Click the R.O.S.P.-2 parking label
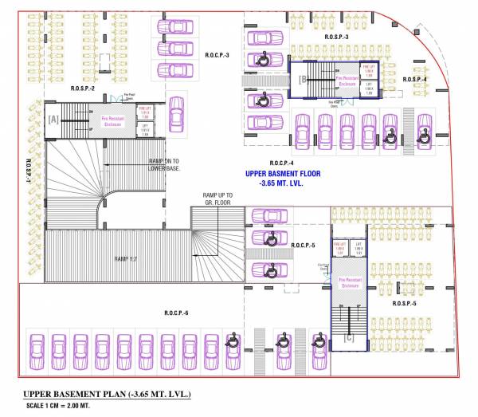[x=83, y=88]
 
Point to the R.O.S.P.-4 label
[x=415, y=80]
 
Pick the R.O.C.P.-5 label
[x=304, y=246]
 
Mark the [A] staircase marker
[x=53, y=118]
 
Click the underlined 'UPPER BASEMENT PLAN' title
[x=107, y=395]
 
